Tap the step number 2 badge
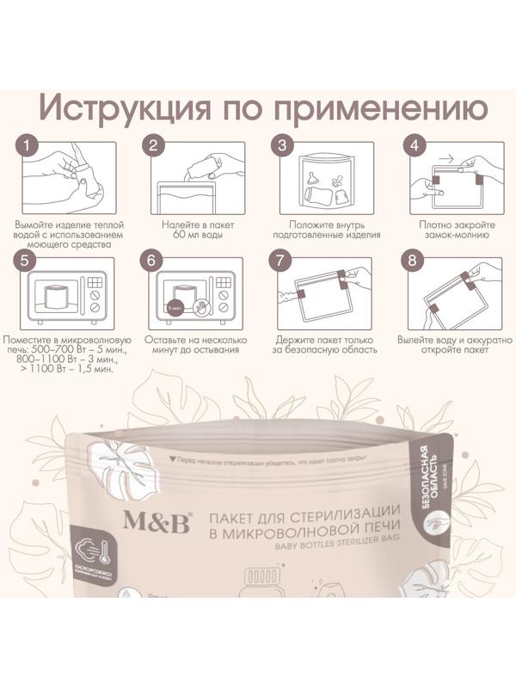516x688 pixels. coord(153,145)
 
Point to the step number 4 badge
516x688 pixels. coord(415,145)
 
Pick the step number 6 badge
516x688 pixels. coord(153,260)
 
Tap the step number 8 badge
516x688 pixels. coord(415,260)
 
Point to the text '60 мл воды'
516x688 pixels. coord(193,234)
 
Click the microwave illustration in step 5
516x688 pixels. coord(64,297)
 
